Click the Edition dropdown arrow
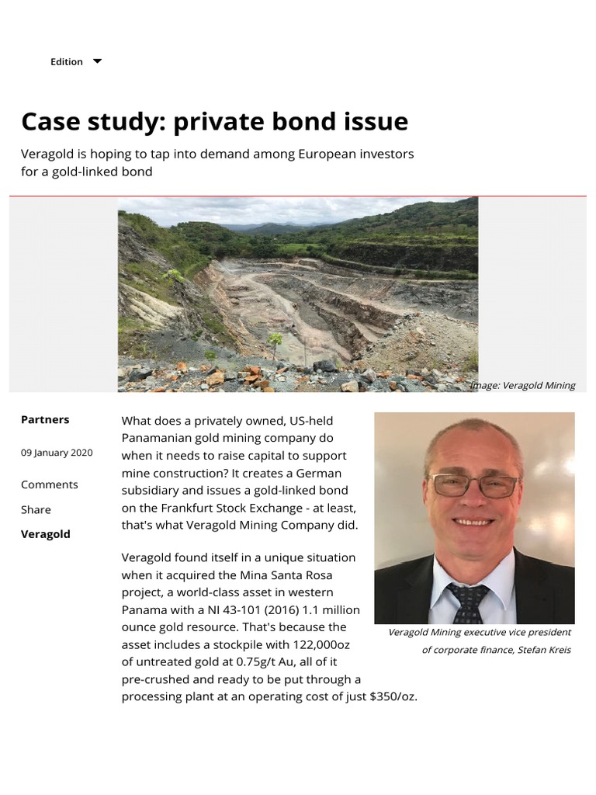(x=97, y=61)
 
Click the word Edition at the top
(x=67, y=62)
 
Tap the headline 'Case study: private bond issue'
(x=214, y=122)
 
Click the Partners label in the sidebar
(x=45, y=419)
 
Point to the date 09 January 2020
(x=57, y=453)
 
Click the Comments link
(x=50, y=484)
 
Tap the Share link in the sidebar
(x=36, y=509)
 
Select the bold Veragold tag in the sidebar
(x=45, y=534)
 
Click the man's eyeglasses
(x=474, y=485)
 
